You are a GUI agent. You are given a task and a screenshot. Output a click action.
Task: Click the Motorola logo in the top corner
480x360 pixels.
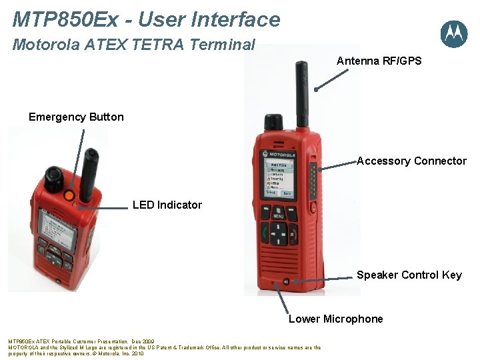[x=453, y=33]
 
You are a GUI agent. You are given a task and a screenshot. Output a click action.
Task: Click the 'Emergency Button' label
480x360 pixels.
[x=76, y=117]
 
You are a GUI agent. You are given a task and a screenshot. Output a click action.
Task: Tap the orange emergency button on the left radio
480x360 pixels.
[x=69, y=195]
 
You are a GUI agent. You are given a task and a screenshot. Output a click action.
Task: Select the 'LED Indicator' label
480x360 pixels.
[x=167, y=205]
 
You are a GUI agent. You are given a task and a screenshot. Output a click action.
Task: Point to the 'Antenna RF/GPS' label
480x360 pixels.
[x=379, y=61]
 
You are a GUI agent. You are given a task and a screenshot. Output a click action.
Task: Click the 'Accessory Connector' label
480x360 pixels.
[x=411, y=161]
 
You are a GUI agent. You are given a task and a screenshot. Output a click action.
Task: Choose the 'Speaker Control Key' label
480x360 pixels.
[x=409, y=275]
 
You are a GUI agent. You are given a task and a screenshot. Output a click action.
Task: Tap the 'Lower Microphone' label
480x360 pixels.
[x=335, y=319]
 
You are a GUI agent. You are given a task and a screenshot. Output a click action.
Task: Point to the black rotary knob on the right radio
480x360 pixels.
[x=273, y=122]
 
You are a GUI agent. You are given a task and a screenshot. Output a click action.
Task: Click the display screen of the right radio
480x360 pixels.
[x=279, y=177]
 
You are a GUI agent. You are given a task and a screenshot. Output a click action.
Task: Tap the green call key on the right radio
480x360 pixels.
[x=263, y=233]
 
